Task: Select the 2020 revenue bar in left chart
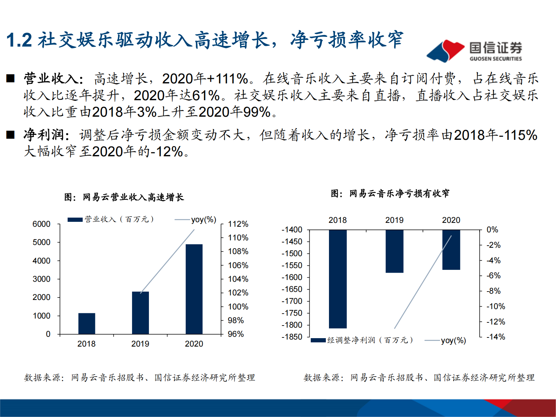(x=194, y=289)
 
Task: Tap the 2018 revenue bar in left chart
(x=87, y=323)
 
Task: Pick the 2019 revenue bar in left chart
(x=140, y=313)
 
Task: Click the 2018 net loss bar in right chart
(x=338, y=279)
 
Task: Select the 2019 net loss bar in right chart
(x=394, y=251)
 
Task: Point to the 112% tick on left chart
(x=238, y=224)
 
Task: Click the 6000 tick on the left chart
(x=41, y=224)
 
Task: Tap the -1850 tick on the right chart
(x=292, y=337)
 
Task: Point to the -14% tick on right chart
(x=496, y=337)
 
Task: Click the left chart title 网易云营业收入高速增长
(x=124, y=197)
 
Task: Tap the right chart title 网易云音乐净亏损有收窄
(x=390, y=193)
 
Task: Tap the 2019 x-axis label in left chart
(x=140, y=344)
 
